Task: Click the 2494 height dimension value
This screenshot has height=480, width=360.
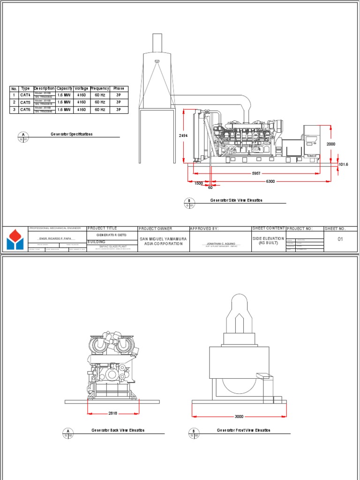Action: pyautogui.click(x=183, y=135)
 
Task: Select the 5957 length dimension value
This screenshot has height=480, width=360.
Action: pyautogui.click(x=256, y=173)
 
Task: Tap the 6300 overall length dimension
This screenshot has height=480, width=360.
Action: pyautogui.click(x=270, y=181)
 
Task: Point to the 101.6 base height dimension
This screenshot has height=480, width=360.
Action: pyautogui.click(x=344, y=165)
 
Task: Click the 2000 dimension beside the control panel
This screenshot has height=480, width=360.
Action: pyautogui.click(x=331, y=144)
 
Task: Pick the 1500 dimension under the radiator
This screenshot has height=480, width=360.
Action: pyautogui.click(x=199, y=183)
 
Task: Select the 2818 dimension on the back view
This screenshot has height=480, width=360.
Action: pyautogui.click(x=112, y=413)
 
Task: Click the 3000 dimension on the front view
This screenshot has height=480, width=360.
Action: pyautogui.click(x=239, y=416)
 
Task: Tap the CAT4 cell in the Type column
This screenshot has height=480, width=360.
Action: pyautogui.click(x=25, y=95)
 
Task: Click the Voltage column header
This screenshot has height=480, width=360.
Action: pyautogui.click(x=81, y=89)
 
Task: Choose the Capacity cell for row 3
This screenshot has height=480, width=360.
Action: pyautogui.click(x=64, y=110)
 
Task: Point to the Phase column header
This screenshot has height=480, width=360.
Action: pyautogui.click(x=119, y=89)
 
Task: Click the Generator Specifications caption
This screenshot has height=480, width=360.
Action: pyautogui.click(x=72, y=134)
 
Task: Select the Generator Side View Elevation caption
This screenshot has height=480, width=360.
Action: pyautogui.click(x=236, y=200)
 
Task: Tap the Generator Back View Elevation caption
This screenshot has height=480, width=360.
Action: pyautogui.click(x=118, y=430)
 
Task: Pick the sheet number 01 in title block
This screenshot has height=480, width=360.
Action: pyautogui.click(x=341, y=239)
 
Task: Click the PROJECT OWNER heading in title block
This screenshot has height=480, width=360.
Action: pyautogui.click(x=156, y=229)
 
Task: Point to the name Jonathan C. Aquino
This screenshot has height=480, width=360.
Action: pyautogui.click(x=220, y=244)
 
